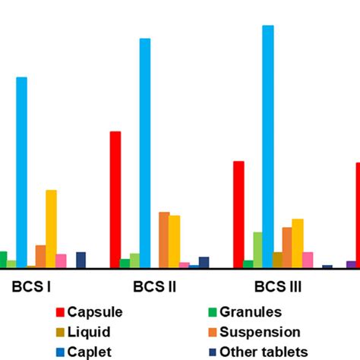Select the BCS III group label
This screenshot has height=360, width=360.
tap(278, 288)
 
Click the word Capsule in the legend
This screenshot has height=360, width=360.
tap(95, 312)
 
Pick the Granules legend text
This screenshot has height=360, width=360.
tap(251, 312)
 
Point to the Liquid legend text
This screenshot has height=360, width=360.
tap(89, 332)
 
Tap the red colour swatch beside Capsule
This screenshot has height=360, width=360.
tap(60, 312)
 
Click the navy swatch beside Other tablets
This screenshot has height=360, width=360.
tap(213, 352)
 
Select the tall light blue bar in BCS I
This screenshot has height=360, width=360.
tap(21, 172)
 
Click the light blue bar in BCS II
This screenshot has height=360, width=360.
tap(144, 152)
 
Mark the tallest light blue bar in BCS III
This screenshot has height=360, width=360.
tap(268, 145)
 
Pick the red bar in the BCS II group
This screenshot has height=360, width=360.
tap(115, 199)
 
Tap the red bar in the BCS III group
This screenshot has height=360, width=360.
tap(238, 214)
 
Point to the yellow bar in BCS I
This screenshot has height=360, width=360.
tap(51, 228)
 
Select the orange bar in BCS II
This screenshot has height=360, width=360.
tap(164, 239)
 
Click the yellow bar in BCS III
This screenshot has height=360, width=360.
tap(298, 243)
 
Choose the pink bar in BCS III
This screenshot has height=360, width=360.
tap(308, 260)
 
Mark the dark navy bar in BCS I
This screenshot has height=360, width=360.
tap(81, 260)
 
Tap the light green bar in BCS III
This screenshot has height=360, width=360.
tap(258, 249)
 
